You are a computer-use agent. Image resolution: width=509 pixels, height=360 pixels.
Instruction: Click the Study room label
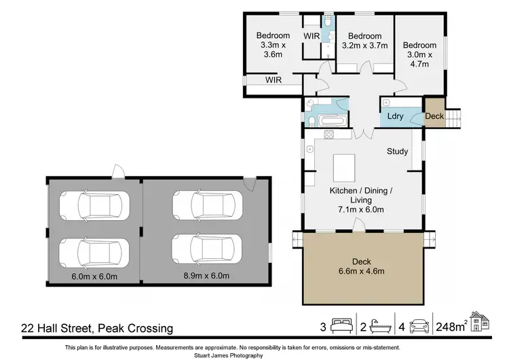tap(397, 151)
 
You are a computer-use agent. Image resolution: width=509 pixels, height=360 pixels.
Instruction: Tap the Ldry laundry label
tap(395, 116)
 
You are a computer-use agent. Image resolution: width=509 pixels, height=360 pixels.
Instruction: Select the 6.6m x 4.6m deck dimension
tap(361, 271)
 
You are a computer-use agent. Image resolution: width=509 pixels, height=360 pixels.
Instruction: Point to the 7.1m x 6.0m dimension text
tap(361, 210)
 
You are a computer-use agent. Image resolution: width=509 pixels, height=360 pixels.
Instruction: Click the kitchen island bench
tap(344, 168)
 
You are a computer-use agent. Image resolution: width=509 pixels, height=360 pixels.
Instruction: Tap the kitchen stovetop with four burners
tap(329, 134)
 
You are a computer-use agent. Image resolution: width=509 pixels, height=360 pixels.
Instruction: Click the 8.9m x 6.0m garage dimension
tap(206, 276)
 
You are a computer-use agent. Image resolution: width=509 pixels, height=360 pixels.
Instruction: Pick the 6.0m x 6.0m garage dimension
tap(94, 276)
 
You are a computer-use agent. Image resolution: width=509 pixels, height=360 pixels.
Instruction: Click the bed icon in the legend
tap(341, 325)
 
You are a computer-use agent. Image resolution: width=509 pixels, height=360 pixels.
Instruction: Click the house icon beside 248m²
tap(479, 321)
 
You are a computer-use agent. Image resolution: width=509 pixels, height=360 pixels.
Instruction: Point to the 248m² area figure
tap(452, 326)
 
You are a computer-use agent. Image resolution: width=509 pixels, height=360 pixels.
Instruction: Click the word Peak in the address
tap(111, 328)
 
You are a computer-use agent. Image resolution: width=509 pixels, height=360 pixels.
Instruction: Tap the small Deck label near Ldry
tap(434, 116)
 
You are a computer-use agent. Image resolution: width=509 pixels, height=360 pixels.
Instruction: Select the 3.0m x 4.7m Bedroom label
tap(419, 54)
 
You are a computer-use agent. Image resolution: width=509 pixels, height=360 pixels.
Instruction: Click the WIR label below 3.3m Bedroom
tap(274, 80)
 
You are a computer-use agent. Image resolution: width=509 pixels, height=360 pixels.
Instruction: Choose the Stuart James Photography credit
tap(229, 355)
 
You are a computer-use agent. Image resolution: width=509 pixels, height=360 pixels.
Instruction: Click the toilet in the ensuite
tap(328, 22)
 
